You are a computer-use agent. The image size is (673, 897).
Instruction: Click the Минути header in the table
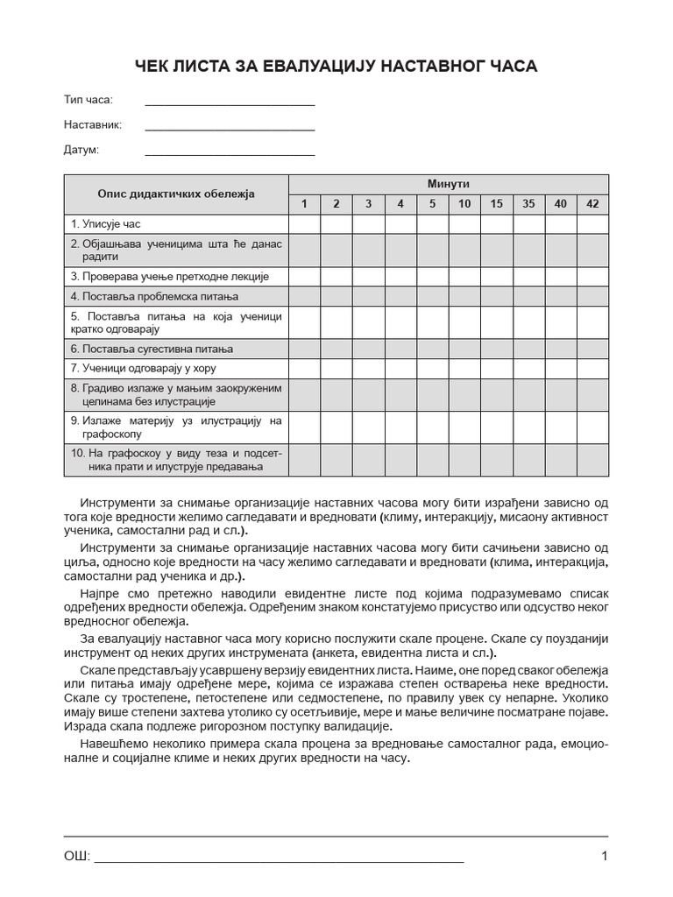pos(449,184)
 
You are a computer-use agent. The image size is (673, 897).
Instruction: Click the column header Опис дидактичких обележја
pos(176,194)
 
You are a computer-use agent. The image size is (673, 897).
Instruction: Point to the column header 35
pos(528,204)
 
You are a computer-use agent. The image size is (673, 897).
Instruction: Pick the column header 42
pos(592,204)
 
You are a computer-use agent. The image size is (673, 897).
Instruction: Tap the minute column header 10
pos(464,204)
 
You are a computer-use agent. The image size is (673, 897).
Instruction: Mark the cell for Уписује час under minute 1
pos(305,224)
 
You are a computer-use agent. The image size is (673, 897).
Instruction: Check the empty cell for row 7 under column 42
pos(592,368)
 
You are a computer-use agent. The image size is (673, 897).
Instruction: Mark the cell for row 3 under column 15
pos(497,276)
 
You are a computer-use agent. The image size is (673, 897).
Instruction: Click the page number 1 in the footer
pos(605,857)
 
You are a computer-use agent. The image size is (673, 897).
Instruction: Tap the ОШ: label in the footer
pos(77,857)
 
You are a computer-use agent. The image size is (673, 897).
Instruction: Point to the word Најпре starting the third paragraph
pos(99,594)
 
